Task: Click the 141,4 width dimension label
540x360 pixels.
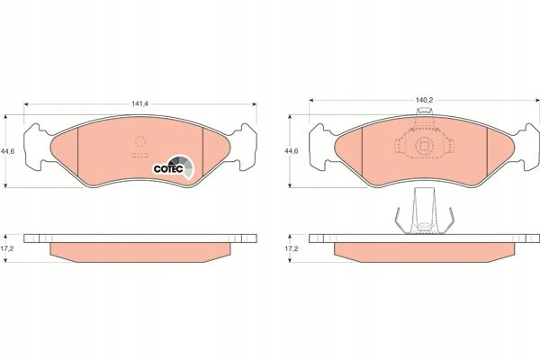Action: [139, 103]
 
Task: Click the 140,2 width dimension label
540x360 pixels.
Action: [424, 100]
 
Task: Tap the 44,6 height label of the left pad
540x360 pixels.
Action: [7, 151]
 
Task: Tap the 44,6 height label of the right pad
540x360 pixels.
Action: [292, 151]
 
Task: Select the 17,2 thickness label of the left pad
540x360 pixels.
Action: [7, 248]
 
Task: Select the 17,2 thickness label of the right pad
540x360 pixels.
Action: [292, 248]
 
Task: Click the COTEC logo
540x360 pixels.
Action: [173, 167]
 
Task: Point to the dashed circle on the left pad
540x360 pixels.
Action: [140, 141]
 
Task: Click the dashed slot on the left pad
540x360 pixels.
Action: [139, 155]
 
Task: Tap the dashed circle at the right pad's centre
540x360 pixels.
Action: [424, 146]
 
